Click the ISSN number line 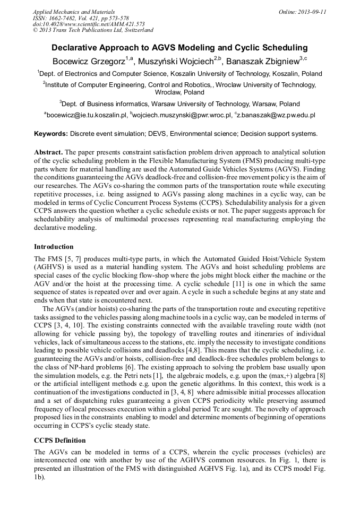click(x=80, y=18)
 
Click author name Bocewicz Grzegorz click(x=88, y=61)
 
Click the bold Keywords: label click(x=51, y=134)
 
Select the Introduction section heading click(x=54, y=247)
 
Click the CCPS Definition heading click(x=59, y=441)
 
